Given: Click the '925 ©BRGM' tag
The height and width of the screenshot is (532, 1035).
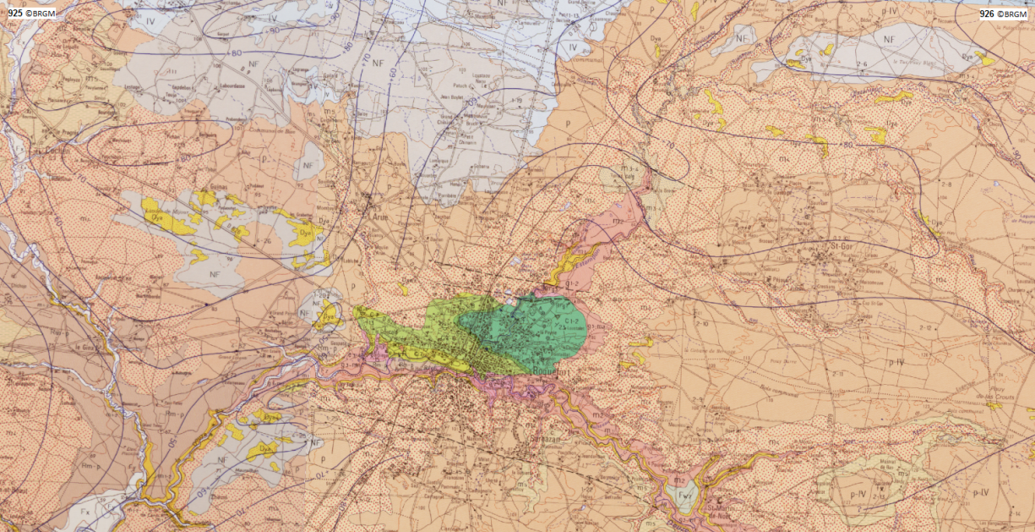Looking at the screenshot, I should (x=32, y=14).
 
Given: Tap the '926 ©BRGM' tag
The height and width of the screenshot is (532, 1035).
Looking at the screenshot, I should (x=1003, y=14).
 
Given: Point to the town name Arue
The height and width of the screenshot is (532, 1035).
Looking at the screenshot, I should (x=379, y=216).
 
